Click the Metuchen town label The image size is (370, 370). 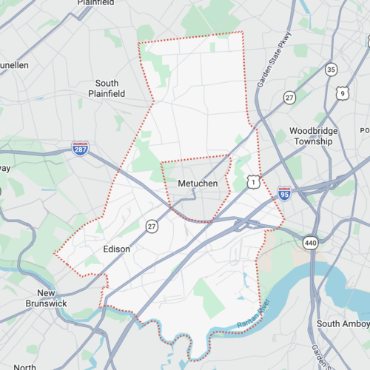click(x=196, y=183)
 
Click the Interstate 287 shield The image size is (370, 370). click(x=81, y=149)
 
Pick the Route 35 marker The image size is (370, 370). click(x=331, y=70)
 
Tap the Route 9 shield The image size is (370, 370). click(x=341, y=92)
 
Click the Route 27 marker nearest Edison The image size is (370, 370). click(x=152, y=226)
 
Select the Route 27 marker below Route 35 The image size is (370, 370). click(x=290, y=97)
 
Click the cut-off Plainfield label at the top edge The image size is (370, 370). click(x=96, y=3)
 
